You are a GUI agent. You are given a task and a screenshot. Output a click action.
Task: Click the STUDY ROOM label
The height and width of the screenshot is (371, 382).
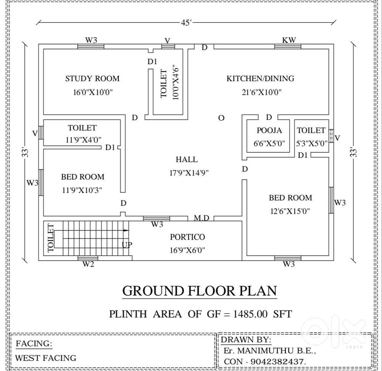(92, 78)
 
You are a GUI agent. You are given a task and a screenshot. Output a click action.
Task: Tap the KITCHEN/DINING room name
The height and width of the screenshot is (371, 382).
(260, 78)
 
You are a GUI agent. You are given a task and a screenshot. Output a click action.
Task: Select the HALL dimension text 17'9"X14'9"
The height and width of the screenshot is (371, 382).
(189, 173)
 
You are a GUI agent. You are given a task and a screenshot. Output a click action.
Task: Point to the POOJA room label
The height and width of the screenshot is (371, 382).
(269, 131)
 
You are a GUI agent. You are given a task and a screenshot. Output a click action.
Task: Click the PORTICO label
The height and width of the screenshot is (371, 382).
(187, 237)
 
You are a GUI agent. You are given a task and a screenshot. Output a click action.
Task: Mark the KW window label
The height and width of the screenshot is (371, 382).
(289, 40)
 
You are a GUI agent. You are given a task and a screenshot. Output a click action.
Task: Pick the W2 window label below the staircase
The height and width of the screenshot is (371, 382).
(88, 264)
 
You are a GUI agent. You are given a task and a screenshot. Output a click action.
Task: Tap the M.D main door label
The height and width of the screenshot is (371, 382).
(201, 217)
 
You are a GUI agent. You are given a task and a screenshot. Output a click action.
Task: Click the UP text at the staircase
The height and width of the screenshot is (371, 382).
(127, 245)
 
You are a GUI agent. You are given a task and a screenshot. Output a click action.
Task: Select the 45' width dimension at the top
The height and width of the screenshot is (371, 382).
(186, 23)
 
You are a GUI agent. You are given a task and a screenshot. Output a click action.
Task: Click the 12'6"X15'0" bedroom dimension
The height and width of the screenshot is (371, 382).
(290, 211)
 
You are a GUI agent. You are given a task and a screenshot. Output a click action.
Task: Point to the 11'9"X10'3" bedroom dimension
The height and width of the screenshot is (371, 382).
(82, 190)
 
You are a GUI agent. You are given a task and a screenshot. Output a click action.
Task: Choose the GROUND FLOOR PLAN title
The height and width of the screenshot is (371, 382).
(199, 291)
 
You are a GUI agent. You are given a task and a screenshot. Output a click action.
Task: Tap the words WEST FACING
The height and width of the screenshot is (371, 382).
(45, 358)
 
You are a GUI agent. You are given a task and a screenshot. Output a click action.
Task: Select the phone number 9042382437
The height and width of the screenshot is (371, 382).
(278, 362)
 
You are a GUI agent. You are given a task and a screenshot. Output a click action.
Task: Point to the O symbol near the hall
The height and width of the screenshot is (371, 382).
(221, 118)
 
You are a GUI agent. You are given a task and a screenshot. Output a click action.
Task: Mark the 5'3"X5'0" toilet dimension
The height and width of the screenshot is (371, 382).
(312, 143)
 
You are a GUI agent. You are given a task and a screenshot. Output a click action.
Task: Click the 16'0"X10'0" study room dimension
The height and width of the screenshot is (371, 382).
(93, 92)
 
